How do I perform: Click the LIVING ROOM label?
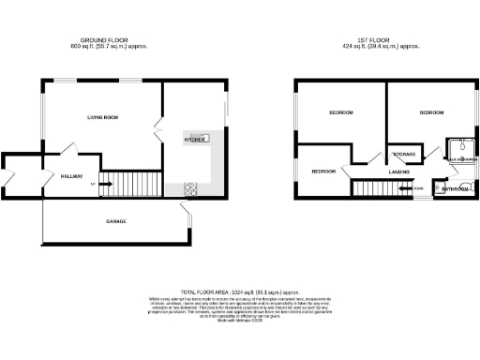pos(102,117)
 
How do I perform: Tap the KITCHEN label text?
pos(194,139)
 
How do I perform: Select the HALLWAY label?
pos(72,175)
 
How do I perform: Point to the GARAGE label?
pos(115,221)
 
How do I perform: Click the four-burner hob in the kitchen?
pos(190,187)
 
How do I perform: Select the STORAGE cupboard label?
pos(404,154)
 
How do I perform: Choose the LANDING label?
pos(398,172)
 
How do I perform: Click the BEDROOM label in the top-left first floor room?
pos(340,112)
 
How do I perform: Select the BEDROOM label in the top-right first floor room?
pos(430,112)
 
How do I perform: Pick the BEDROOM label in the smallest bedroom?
pos(323,172)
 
